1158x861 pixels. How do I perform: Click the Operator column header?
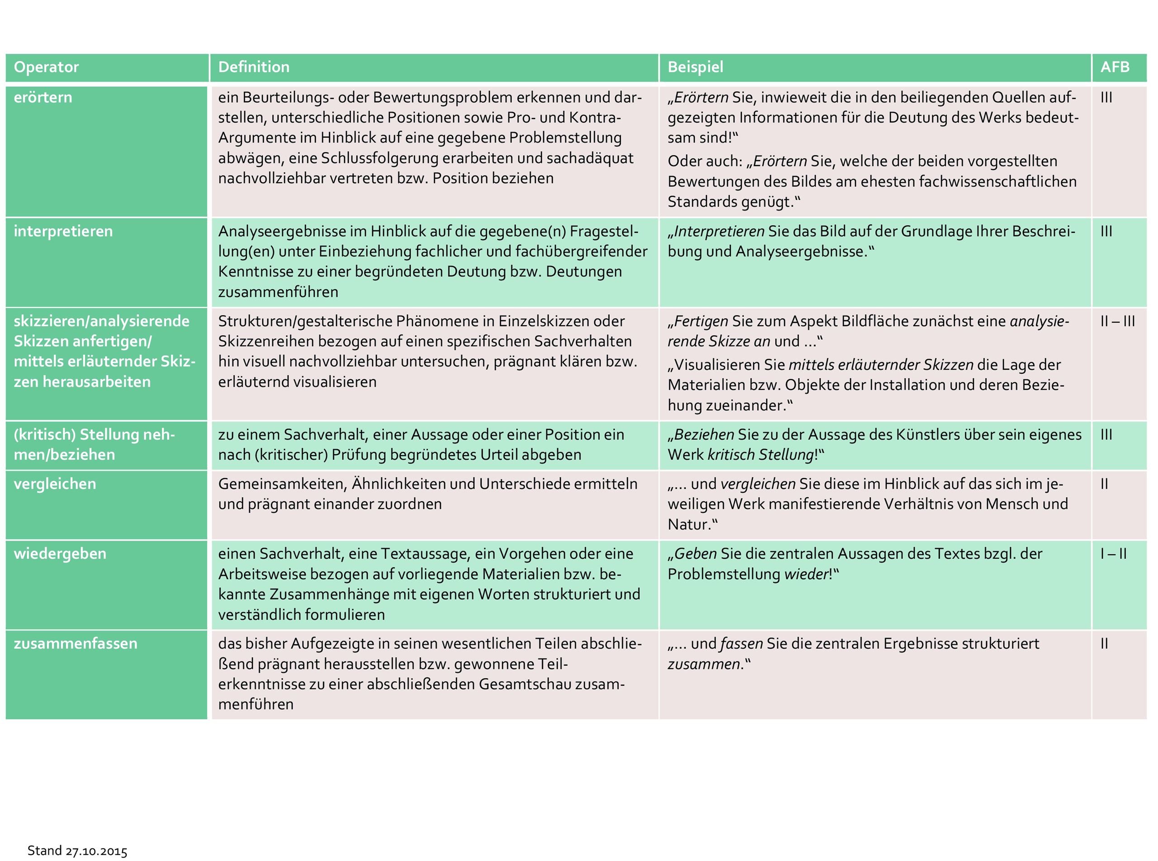point(46,67)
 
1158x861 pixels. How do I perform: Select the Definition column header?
point(254,67)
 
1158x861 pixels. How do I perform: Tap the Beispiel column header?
point(695,67)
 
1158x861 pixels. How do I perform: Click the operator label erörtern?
point(43,97)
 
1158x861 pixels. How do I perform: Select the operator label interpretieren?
point(63,231)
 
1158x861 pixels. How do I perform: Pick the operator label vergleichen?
point(55,484)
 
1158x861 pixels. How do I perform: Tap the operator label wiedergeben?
point(60,553)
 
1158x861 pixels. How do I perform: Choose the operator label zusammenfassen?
point(76,644)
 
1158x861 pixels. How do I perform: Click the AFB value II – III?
point(1117,321)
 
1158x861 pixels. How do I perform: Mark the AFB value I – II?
point(1113,553)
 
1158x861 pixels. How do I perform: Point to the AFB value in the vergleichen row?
point(1104,484)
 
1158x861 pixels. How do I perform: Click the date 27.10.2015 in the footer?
point(96,851)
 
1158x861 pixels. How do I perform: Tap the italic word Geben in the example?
point(695,553)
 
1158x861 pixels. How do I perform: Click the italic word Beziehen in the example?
point(704,435)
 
